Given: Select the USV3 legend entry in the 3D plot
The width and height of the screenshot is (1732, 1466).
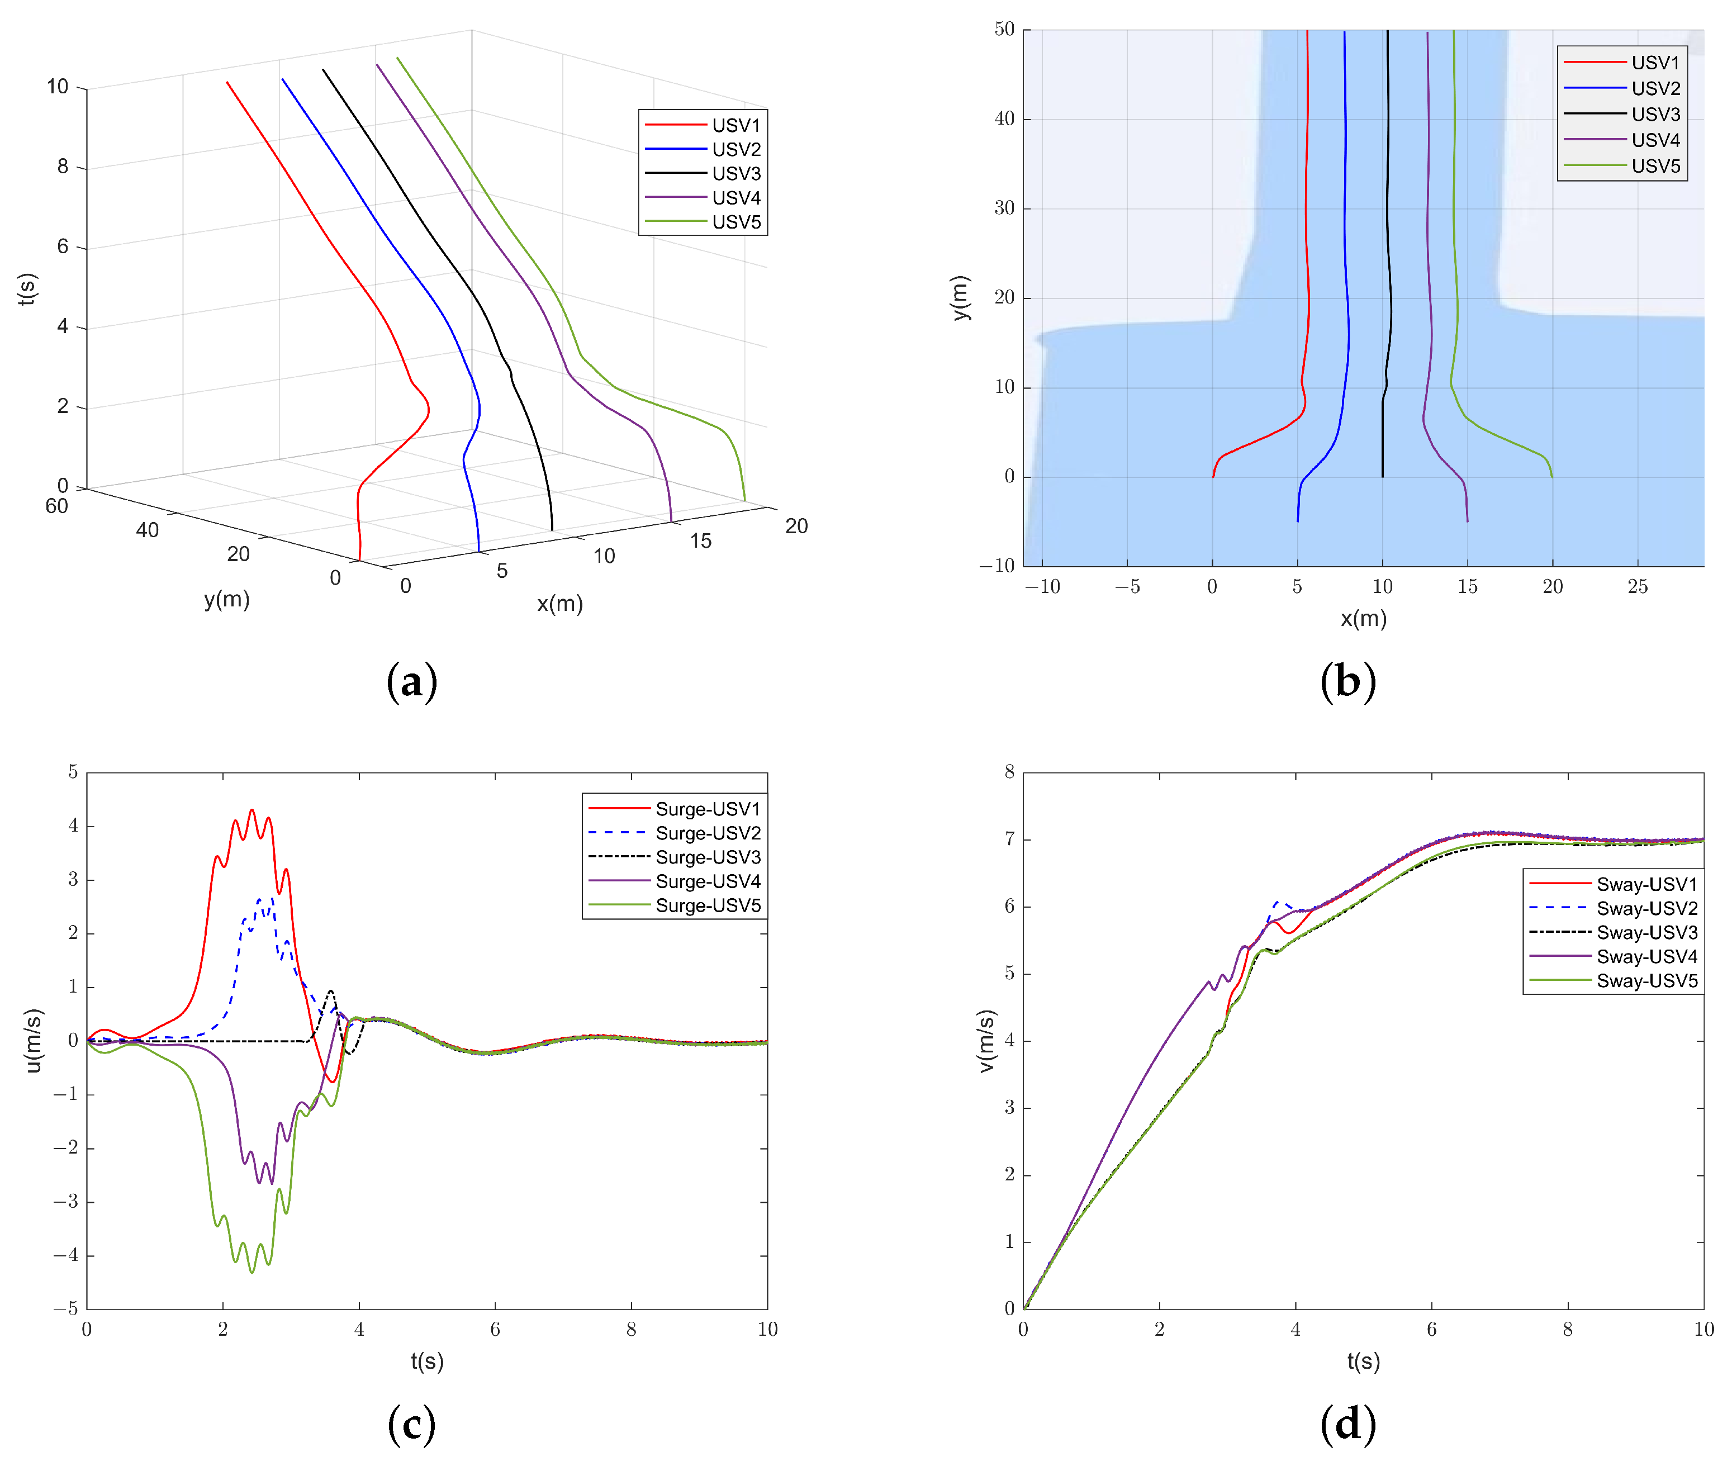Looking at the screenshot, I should coord(735,174).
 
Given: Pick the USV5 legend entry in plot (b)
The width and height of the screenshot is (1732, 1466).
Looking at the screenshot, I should coord(1655,166).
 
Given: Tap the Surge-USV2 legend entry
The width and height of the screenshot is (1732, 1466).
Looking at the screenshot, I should coord(707,833).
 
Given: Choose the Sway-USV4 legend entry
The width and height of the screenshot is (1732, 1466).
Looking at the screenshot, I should coord(1646,956).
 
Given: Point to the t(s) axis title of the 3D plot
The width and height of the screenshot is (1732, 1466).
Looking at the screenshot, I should coord(27,288).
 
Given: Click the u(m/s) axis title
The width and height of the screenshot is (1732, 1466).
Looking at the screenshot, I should coord(32,1041).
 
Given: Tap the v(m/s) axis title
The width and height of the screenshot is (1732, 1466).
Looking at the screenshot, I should coord(986,1041).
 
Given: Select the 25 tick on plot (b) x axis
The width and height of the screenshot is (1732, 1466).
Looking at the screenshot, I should coord(1636,587).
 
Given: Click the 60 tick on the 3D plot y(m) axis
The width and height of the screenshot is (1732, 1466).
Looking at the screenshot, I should coord(56,506).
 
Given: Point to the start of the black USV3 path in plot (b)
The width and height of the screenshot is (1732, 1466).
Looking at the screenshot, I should coord(1382,476).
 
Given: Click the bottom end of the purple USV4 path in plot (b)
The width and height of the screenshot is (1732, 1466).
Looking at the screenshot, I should coord(1467,521).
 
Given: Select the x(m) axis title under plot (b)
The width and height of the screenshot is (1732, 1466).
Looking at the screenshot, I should coord(1363,618).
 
